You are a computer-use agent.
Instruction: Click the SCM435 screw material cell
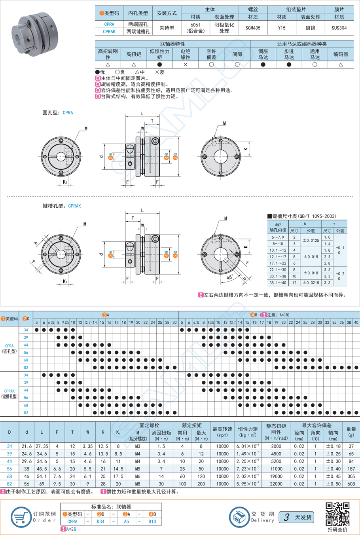[x=253, y=28]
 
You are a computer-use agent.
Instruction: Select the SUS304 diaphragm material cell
[x=339, y=28]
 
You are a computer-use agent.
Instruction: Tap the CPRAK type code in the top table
[x=109, y=32]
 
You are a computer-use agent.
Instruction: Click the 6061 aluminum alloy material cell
[x=195, y=28]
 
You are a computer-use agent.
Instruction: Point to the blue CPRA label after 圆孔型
[x=68, y=113]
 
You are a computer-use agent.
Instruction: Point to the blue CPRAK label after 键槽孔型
[x=74, y=206]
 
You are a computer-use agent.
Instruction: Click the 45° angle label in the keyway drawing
[x=230, y=278]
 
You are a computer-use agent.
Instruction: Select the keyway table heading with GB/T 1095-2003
[x=302, y=216]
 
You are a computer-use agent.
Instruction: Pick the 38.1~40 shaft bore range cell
[x=278, y=283]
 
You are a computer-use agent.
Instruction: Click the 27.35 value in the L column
[x=42, y=446]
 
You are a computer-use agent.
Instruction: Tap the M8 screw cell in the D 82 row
[x=138, y=484]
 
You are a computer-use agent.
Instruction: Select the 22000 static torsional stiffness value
[x=276, y=484]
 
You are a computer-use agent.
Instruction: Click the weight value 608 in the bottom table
[x=351, y=484]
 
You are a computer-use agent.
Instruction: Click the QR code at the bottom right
[x=337, y=514]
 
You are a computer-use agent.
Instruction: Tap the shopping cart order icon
[x=21, y=517]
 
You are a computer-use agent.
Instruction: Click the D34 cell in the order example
[x=100, y=522]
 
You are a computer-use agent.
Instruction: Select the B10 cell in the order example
[x=152, y=522]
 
